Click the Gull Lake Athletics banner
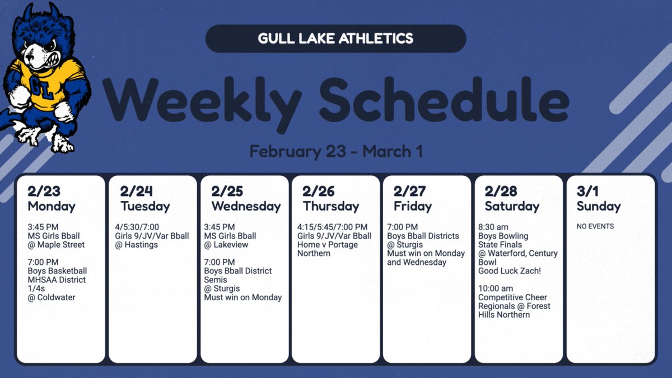coord(335,39)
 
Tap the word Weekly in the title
coord(202,99)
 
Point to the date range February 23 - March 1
coord(335,151)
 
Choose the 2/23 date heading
coord(43,192)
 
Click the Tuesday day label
coord(144,206)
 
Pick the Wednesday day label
coord(246,206)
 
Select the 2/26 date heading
coord(318,192)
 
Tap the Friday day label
coord(413,206)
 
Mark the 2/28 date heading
coord(501,192)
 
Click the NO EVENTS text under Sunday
coord(595,227)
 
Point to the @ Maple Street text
coord(57,245)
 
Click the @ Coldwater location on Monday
coord(52,297)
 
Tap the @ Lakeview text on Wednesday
coord(226,245)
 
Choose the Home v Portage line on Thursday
coord(328,245)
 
